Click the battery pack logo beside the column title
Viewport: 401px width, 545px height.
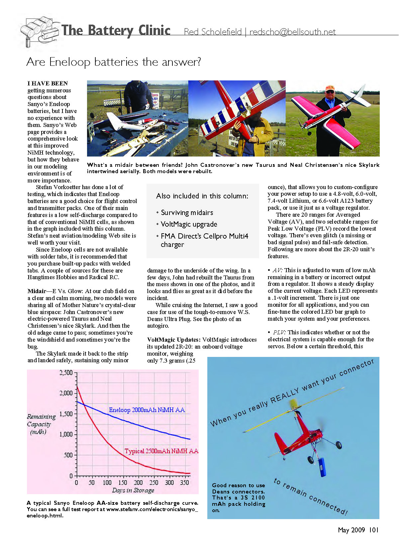tap(39, 31)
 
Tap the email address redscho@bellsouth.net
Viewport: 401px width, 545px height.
tap(292, 32)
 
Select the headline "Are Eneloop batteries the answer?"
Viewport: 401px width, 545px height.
tap(114, 62)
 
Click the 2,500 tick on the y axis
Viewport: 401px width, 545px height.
tap(66, 373)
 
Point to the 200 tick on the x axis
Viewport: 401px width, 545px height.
tap(138, 483)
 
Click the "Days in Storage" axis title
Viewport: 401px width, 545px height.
tap(133, 490)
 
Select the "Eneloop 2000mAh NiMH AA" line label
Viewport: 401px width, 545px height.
tap(147, 410)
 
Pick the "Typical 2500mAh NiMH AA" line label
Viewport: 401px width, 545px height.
tap(161, 451)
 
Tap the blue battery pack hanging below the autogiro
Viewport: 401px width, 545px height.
tap(322, 467)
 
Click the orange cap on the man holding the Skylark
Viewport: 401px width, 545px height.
tap(329, 88)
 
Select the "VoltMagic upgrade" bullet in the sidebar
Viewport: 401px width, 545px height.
tap(189, 224)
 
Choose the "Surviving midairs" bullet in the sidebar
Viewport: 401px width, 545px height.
tap(187, 213)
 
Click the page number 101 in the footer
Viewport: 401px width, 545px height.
tap(374, 530)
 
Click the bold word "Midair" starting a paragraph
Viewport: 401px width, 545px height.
tap(37, 291)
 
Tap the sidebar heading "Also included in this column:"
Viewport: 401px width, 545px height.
tap(202, 196)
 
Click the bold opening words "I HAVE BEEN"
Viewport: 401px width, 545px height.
tap(48, 83)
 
